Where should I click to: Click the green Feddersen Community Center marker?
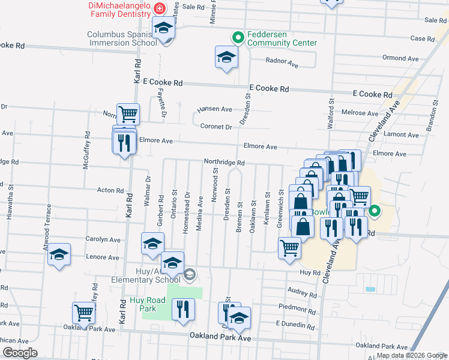(238, 37)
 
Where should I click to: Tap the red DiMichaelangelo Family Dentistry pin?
(160, 8)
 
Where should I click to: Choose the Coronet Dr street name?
(216, 127)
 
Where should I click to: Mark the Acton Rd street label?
(110, 190)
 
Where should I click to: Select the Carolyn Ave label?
(102, 239)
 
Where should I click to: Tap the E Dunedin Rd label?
(295, 323)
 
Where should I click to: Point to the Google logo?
(19, 353)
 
